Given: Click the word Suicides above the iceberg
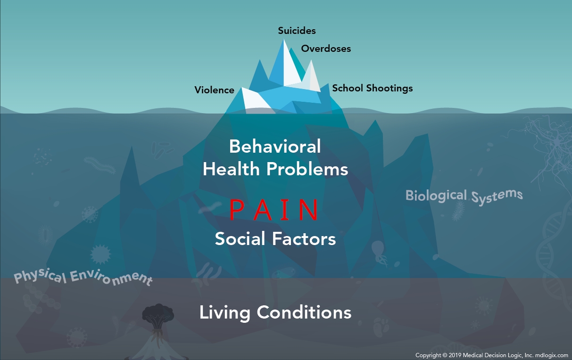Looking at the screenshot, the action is coord(297,31).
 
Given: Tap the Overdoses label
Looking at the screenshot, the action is coord(326,49).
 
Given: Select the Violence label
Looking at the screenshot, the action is coord(214,90).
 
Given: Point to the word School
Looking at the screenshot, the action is coord(348,88).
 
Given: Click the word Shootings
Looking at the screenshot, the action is coord(390,89).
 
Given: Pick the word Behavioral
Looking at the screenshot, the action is coord(275,147).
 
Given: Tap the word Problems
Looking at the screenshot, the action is coord(307,169).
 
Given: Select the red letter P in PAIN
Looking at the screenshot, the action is coord(236,210).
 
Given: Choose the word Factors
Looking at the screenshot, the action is coord(304,239).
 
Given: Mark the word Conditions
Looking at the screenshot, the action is coord(304,312).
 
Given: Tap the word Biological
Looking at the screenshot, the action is coord(436,196).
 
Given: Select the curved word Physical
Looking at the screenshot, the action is coord(40,276).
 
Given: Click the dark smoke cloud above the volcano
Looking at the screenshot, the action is coord(158,312).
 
